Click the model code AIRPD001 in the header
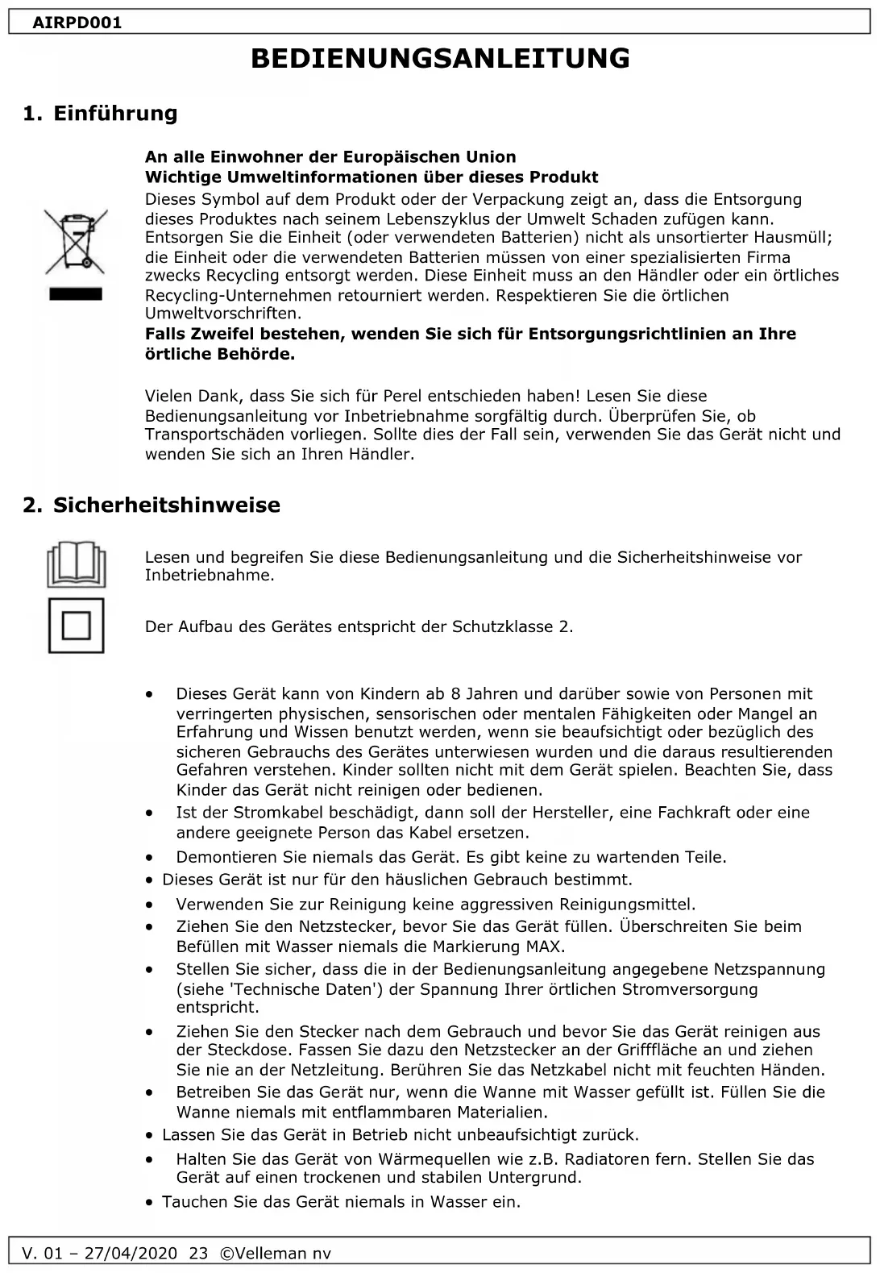(x=77, y=23)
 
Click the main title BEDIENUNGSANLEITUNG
(x=440, y=59)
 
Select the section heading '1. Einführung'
(x=100, y=114)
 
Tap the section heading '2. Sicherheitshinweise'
(x=152, y=505)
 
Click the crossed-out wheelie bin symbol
(x=76, y=239)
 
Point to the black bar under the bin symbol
(x=76, y=293)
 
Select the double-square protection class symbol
(x=76, y=626)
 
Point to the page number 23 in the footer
(x=198, y=1254)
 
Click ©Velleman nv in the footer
(x=275, y=1254)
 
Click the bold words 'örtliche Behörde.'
(x=220, y=354)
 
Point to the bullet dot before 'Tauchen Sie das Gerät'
(x=150, y=1203)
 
